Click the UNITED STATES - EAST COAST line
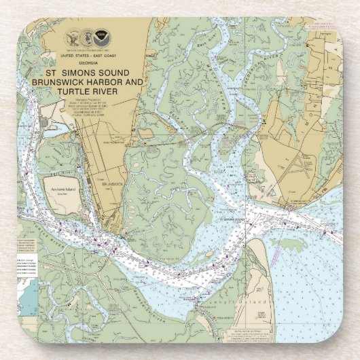click(86, 54)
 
